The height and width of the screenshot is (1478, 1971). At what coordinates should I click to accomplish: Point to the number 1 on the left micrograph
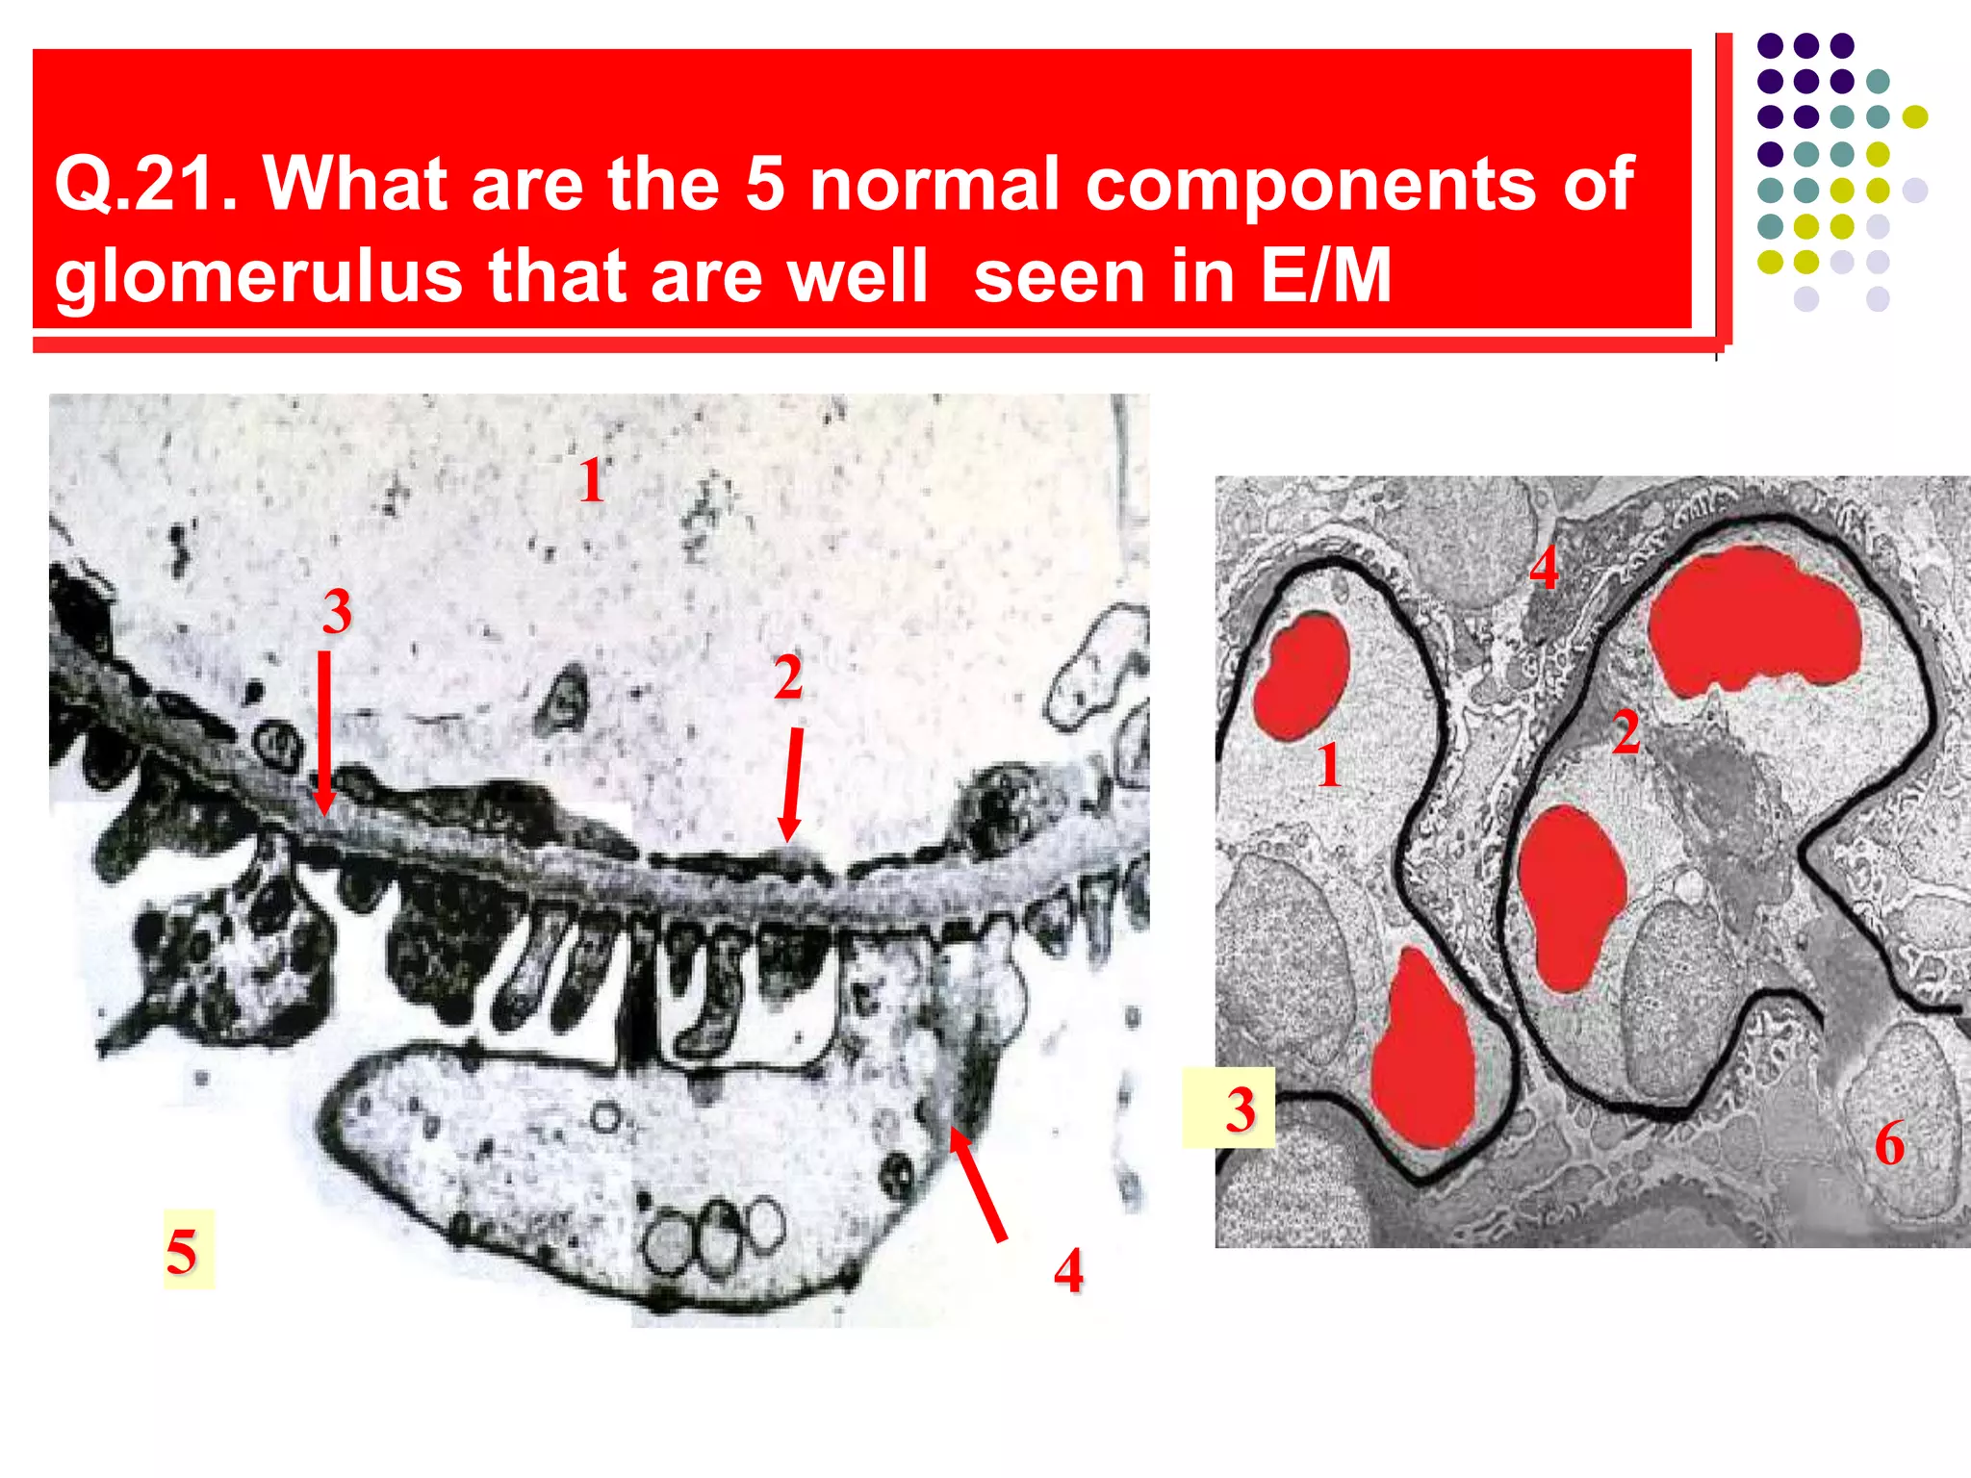click(592, 480)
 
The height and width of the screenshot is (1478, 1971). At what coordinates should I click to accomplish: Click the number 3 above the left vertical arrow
click(337, 611)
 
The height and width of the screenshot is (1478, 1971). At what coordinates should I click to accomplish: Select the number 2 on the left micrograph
click(788, 677)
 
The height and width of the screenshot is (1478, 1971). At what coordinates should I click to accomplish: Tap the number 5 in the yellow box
click(183, 1251)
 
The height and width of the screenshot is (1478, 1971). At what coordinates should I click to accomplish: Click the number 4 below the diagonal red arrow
click(1068, 1270)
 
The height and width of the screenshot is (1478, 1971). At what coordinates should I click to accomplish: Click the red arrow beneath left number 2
click(792, 784)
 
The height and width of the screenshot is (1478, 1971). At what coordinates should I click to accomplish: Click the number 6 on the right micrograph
click(1889, 1143)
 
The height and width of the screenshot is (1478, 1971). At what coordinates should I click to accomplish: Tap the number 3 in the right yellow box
click(1241, 1108)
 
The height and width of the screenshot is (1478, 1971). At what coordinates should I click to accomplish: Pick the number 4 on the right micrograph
click(1544, 568)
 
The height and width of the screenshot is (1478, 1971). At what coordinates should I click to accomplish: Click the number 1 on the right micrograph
click(1329, 765)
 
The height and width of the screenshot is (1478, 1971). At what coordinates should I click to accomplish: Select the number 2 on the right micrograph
click(1625, 732)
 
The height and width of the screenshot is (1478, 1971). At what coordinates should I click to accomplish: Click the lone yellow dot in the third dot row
click(1915, 117)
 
